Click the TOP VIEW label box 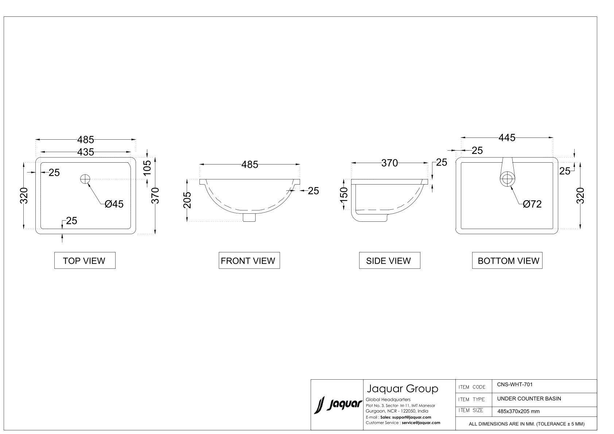pos(85,260)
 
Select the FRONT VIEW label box pos(249,260)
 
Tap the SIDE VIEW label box pos(389,260)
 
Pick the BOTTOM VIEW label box pos(507,260)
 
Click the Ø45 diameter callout pos(114,204)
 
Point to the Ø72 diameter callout pos(532,204)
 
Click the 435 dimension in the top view pos(86,152)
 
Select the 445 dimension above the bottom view pos(507,137)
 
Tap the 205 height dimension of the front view pos(187,200)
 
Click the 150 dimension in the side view pos(344,194)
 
